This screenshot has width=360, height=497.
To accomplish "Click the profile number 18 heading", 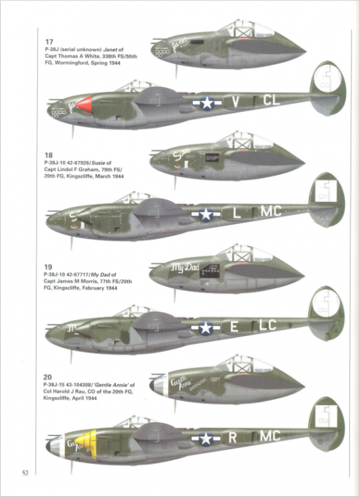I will pos(44,154).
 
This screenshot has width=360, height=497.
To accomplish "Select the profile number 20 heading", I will pos(44,376).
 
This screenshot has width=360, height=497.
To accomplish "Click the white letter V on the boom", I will pos(235,102).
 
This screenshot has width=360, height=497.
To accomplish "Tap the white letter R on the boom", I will pos(233,437).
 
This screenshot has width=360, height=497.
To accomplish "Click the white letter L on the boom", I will pos(237,213).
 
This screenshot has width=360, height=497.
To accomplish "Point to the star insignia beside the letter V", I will pos(206,103).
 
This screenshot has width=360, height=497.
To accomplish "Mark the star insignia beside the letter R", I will pos(206,438).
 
